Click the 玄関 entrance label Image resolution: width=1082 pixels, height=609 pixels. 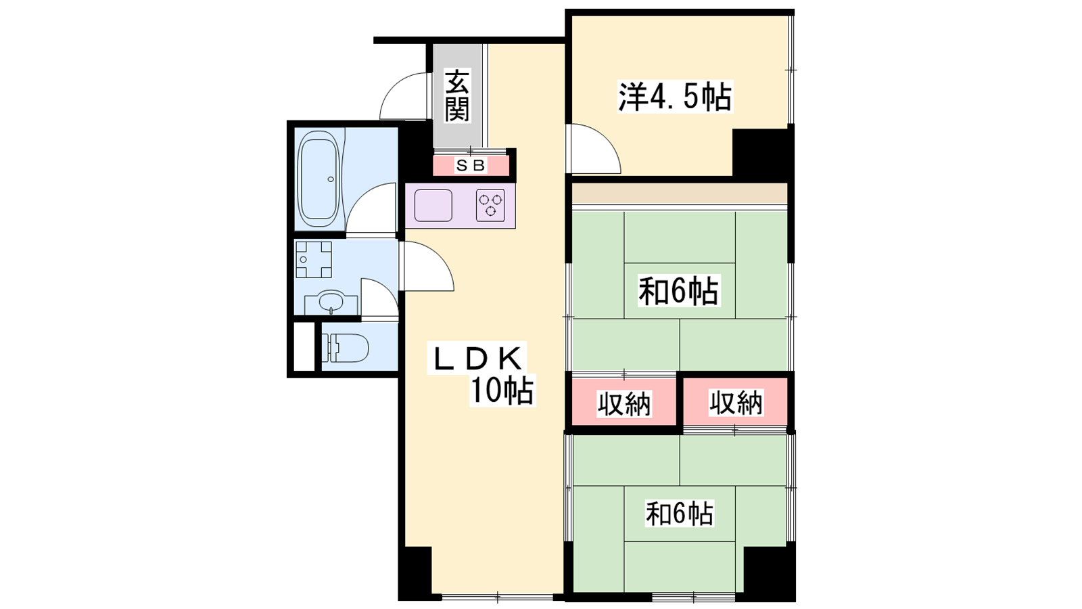tap(457, 95)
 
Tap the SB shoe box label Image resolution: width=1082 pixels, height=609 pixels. tap(471, 166)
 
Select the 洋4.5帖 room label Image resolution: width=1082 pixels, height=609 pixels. tap(676, 97)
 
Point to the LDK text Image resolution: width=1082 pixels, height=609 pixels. tap(477, 358)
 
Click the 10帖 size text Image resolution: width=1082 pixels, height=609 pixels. tap(502, 390)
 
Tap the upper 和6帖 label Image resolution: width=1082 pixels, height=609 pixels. tap(679, 291)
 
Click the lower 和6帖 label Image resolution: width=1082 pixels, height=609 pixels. tap(680, 514)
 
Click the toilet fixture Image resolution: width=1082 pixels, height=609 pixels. tap(345, 348)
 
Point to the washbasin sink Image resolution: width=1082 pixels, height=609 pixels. tap(331, 302)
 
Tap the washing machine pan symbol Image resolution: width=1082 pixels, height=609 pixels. tap(314, 260)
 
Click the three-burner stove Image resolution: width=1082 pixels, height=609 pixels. tap(490, 206)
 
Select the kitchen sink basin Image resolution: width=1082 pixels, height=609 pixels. tap(433, 206)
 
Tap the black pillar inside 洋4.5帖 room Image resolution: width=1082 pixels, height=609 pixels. tap(760, 153)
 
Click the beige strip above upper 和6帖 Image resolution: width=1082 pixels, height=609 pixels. tap(680, 194)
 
